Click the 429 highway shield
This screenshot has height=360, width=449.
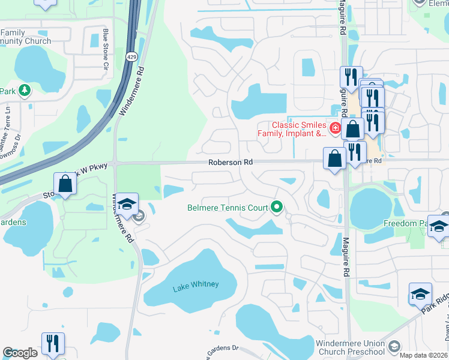coord(131,56)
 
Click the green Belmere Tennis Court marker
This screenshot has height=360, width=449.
coord(277,207)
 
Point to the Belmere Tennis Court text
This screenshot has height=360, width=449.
coord(228,208)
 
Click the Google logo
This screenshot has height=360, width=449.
coord(20,353)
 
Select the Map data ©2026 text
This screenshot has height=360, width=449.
coord(423,355)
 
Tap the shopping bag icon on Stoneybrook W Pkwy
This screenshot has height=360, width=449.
coord(65,184)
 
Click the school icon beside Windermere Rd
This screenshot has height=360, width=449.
coord(127,204)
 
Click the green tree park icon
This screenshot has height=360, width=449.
coord(24,91)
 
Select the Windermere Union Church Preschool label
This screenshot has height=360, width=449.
coord(349,347)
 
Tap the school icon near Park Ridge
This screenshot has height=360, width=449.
coord(420,294)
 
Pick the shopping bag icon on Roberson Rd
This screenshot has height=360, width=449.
coord(334,158)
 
